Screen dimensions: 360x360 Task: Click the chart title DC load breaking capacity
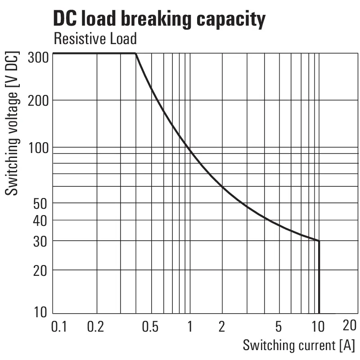point(159,19)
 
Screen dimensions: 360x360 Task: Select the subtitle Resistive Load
point(95,39)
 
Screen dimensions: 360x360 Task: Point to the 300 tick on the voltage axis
point(38,58)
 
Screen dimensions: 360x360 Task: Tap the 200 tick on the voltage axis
point(38,100)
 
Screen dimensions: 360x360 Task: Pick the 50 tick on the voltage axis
point(41,203)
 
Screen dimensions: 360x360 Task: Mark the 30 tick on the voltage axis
point(41,241)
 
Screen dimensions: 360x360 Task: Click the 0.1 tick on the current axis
point(59,326)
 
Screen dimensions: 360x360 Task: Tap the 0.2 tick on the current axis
point(95,326)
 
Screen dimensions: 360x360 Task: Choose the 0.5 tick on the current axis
point(150,326)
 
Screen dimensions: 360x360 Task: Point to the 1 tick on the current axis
point(190,326)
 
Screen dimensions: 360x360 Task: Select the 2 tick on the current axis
point(221,326)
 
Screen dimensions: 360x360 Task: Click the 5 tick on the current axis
point(279,326)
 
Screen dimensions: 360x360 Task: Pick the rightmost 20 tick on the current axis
point(349,325)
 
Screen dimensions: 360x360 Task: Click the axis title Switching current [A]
point(298,346)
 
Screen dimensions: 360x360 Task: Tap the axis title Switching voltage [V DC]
point(13,124)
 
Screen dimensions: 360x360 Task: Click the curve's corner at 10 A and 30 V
point(319,241)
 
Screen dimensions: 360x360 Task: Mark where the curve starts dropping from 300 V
point(136,54)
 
